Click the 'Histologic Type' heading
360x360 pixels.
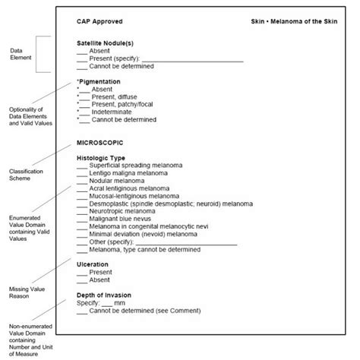(x=101, y=158)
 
